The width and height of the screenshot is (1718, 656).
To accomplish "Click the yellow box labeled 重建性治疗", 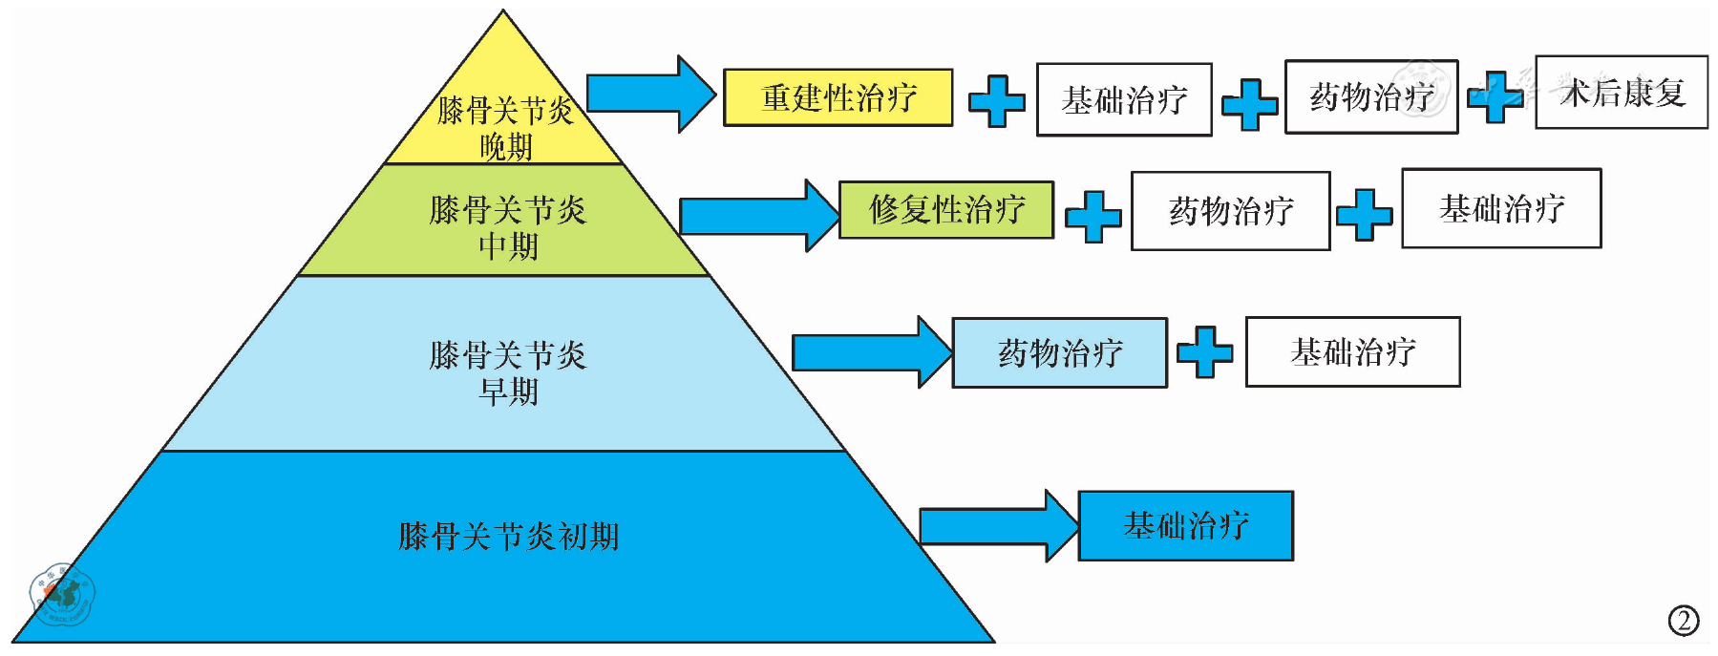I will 838,97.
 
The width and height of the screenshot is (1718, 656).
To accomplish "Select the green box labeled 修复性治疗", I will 945,210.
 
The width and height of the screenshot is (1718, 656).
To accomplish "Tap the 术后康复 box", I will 1621,93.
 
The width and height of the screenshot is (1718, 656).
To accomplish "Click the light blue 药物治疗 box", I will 1059,353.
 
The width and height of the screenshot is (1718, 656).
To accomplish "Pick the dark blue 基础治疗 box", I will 1185,526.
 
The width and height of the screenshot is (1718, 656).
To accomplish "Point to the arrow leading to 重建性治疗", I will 649,94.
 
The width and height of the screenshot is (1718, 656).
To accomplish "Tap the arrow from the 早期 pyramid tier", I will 870,353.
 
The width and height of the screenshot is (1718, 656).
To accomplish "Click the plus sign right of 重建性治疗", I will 996,100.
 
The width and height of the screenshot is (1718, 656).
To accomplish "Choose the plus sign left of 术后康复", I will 1495,96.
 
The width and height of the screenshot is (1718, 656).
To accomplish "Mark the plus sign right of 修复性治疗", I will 1092,216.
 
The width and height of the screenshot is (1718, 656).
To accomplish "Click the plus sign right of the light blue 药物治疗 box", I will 1204,352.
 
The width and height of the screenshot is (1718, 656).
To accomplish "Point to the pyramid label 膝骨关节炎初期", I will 508,537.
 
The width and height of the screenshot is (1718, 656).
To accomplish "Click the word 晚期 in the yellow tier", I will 505,147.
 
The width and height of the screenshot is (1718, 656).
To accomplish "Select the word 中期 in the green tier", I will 508,246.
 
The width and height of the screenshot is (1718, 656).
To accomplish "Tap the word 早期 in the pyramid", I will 508,391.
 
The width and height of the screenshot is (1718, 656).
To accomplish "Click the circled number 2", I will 1684,621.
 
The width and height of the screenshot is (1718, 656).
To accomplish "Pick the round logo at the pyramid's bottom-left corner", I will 61,594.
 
